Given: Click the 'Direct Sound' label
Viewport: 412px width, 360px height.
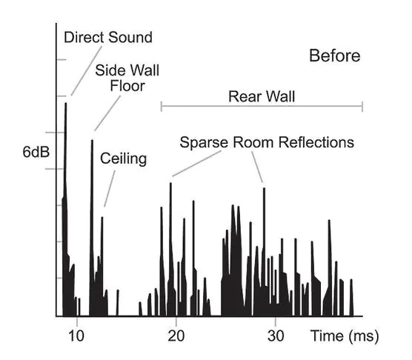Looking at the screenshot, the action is tap(108, 37).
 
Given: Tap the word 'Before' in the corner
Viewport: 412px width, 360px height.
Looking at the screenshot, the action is tap(335, 56).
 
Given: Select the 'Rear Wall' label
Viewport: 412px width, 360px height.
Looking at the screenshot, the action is tap(262, 96).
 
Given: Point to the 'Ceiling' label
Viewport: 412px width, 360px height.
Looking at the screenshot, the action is tap(123, 159).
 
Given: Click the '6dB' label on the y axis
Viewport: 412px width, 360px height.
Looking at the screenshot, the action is tap(36, 152).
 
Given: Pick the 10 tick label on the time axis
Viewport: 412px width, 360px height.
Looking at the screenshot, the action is tap(76, 336).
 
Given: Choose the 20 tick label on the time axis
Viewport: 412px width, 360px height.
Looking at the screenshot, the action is tap(176, 336).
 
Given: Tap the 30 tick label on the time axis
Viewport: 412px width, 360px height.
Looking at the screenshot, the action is tap(276, 336).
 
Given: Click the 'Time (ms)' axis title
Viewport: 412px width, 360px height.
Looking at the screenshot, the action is tap(345, 336).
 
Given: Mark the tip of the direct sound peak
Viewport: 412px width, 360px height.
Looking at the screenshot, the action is tap(66, 103).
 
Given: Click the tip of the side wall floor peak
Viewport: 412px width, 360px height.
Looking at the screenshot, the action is tap(92, 140).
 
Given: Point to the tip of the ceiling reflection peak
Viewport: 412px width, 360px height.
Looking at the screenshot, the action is tap(102, 217).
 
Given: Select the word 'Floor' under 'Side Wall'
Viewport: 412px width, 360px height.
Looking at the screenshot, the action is tap(127, 86).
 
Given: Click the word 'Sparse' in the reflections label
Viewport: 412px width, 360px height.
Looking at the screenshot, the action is tap(204, 142).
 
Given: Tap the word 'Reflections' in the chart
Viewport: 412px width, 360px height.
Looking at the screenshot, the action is tap(316, 142).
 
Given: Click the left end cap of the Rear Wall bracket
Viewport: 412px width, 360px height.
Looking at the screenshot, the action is tap(162, 107).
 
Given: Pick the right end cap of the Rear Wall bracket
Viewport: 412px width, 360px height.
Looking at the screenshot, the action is tap(362, 107).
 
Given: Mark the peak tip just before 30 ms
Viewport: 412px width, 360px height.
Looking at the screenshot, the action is tap(264, 188).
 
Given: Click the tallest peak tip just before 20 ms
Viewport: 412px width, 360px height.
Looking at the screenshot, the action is tap(170, 183).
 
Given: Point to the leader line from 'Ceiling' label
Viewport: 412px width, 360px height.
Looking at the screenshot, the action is tap(110, 189).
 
